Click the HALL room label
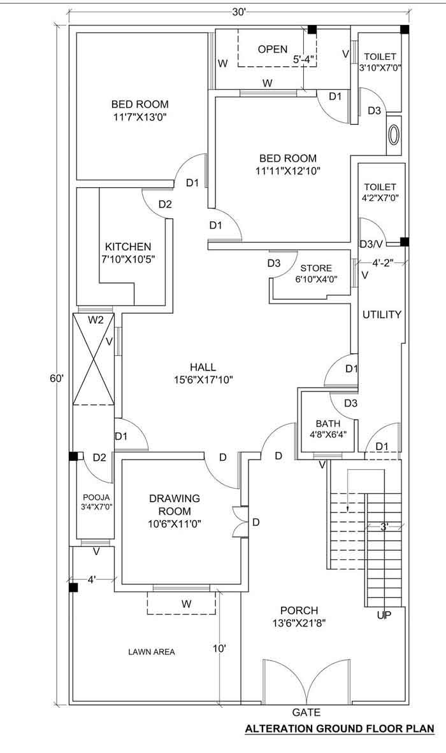pos(203,367)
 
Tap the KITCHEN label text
pos(128,246)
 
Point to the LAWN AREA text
pos(152,652)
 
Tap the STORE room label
pos(316,268)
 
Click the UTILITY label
pos(382,314)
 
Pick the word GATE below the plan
pos(306,713)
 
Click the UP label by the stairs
pos(384,615)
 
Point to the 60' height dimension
pos(57,378)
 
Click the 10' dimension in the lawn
pos(220,649)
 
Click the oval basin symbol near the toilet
pos(394,134)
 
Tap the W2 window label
pos(96,320)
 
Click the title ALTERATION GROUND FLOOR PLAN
pos(340,729)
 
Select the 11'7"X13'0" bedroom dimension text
pos(140,116)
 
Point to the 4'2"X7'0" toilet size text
pos(380,198)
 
